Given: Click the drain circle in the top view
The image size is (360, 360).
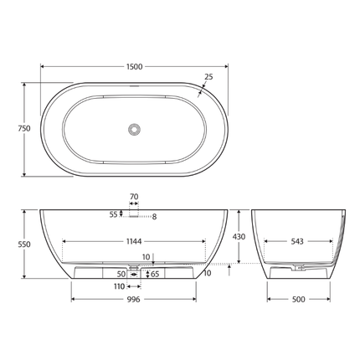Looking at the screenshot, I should tap(133, 128).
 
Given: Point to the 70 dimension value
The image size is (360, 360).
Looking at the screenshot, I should tap(134, 198).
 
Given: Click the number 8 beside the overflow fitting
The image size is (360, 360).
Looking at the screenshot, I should tap(154, 217).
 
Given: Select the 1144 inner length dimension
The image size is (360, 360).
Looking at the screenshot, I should tap(134, 241).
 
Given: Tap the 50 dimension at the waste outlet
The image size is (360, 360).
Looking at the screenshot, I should tap(121, 274).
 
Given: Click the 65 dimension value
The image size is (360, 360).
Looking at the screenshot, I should tap(154, 274).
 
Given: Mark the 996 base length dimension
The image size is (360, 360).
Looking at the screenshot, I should tap(134, 299).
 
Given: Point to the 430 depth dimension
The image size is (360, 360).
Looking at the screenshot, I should tap(239, 237).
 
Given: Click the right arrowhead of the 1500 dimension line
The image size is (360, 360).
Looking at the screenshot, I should tap(224, 66).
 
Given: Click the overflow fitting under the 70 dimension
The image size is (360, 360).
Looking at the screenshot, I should tap(134, 213).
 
